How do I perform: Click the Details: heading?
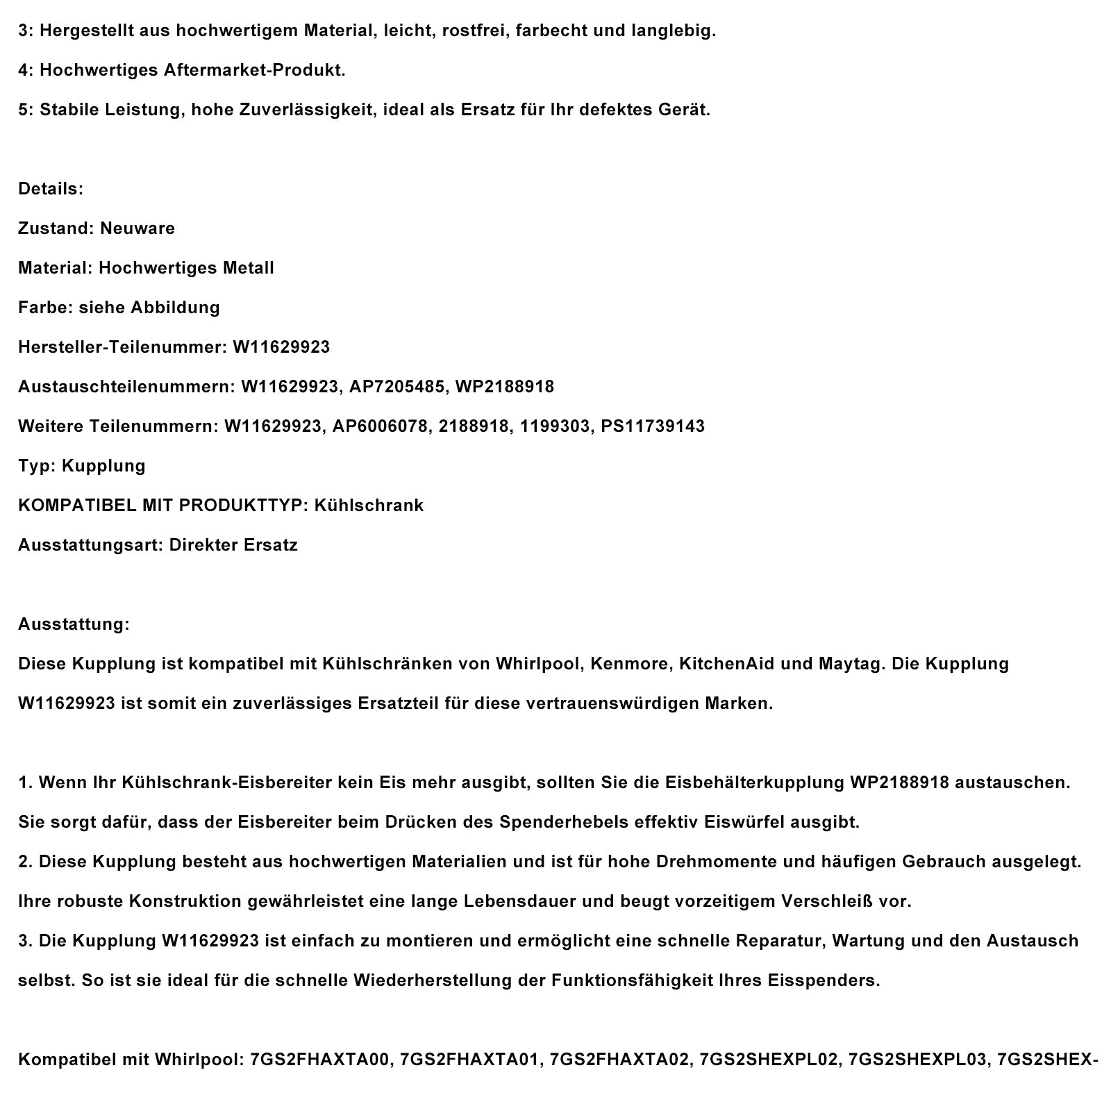pos(51,189)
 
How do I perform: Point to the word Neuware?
pos(137,228)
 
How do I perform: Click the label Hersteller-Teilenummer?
pos(122,347)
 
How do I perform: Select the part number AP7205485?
pos(396,387)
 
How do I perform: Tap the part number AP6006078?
pos(380,426)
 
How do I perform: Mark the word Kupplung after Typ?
pos(103,466)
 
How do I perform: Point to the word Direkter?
pos(203,545)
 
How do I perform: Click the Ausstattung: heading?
pos(74,624)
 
